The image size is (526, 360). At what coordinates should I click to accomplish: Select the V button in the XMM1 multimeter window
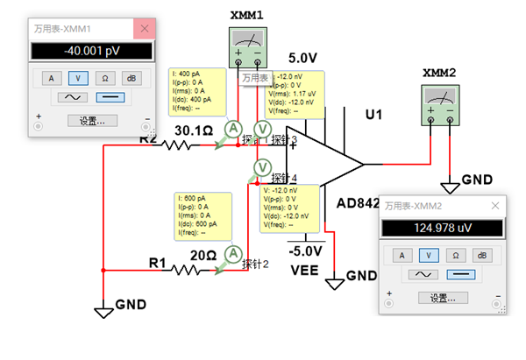[78, 77]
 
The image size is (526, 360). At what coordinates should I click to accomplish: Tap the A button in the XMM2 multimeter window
[402, 255]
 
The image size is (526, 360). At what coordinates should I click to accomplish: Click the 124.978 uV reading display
[442, 229]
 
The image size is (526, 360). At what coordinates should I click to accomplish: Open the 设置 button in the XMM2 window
[443, 297]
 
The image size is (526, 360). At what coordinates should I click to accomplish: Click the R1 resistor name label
[157, 260]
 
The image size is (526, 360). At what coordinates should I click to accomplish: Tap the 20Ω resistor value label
[203, 255]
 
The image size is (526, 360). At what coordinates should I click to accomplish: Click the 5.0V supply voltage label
[302, 58]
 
